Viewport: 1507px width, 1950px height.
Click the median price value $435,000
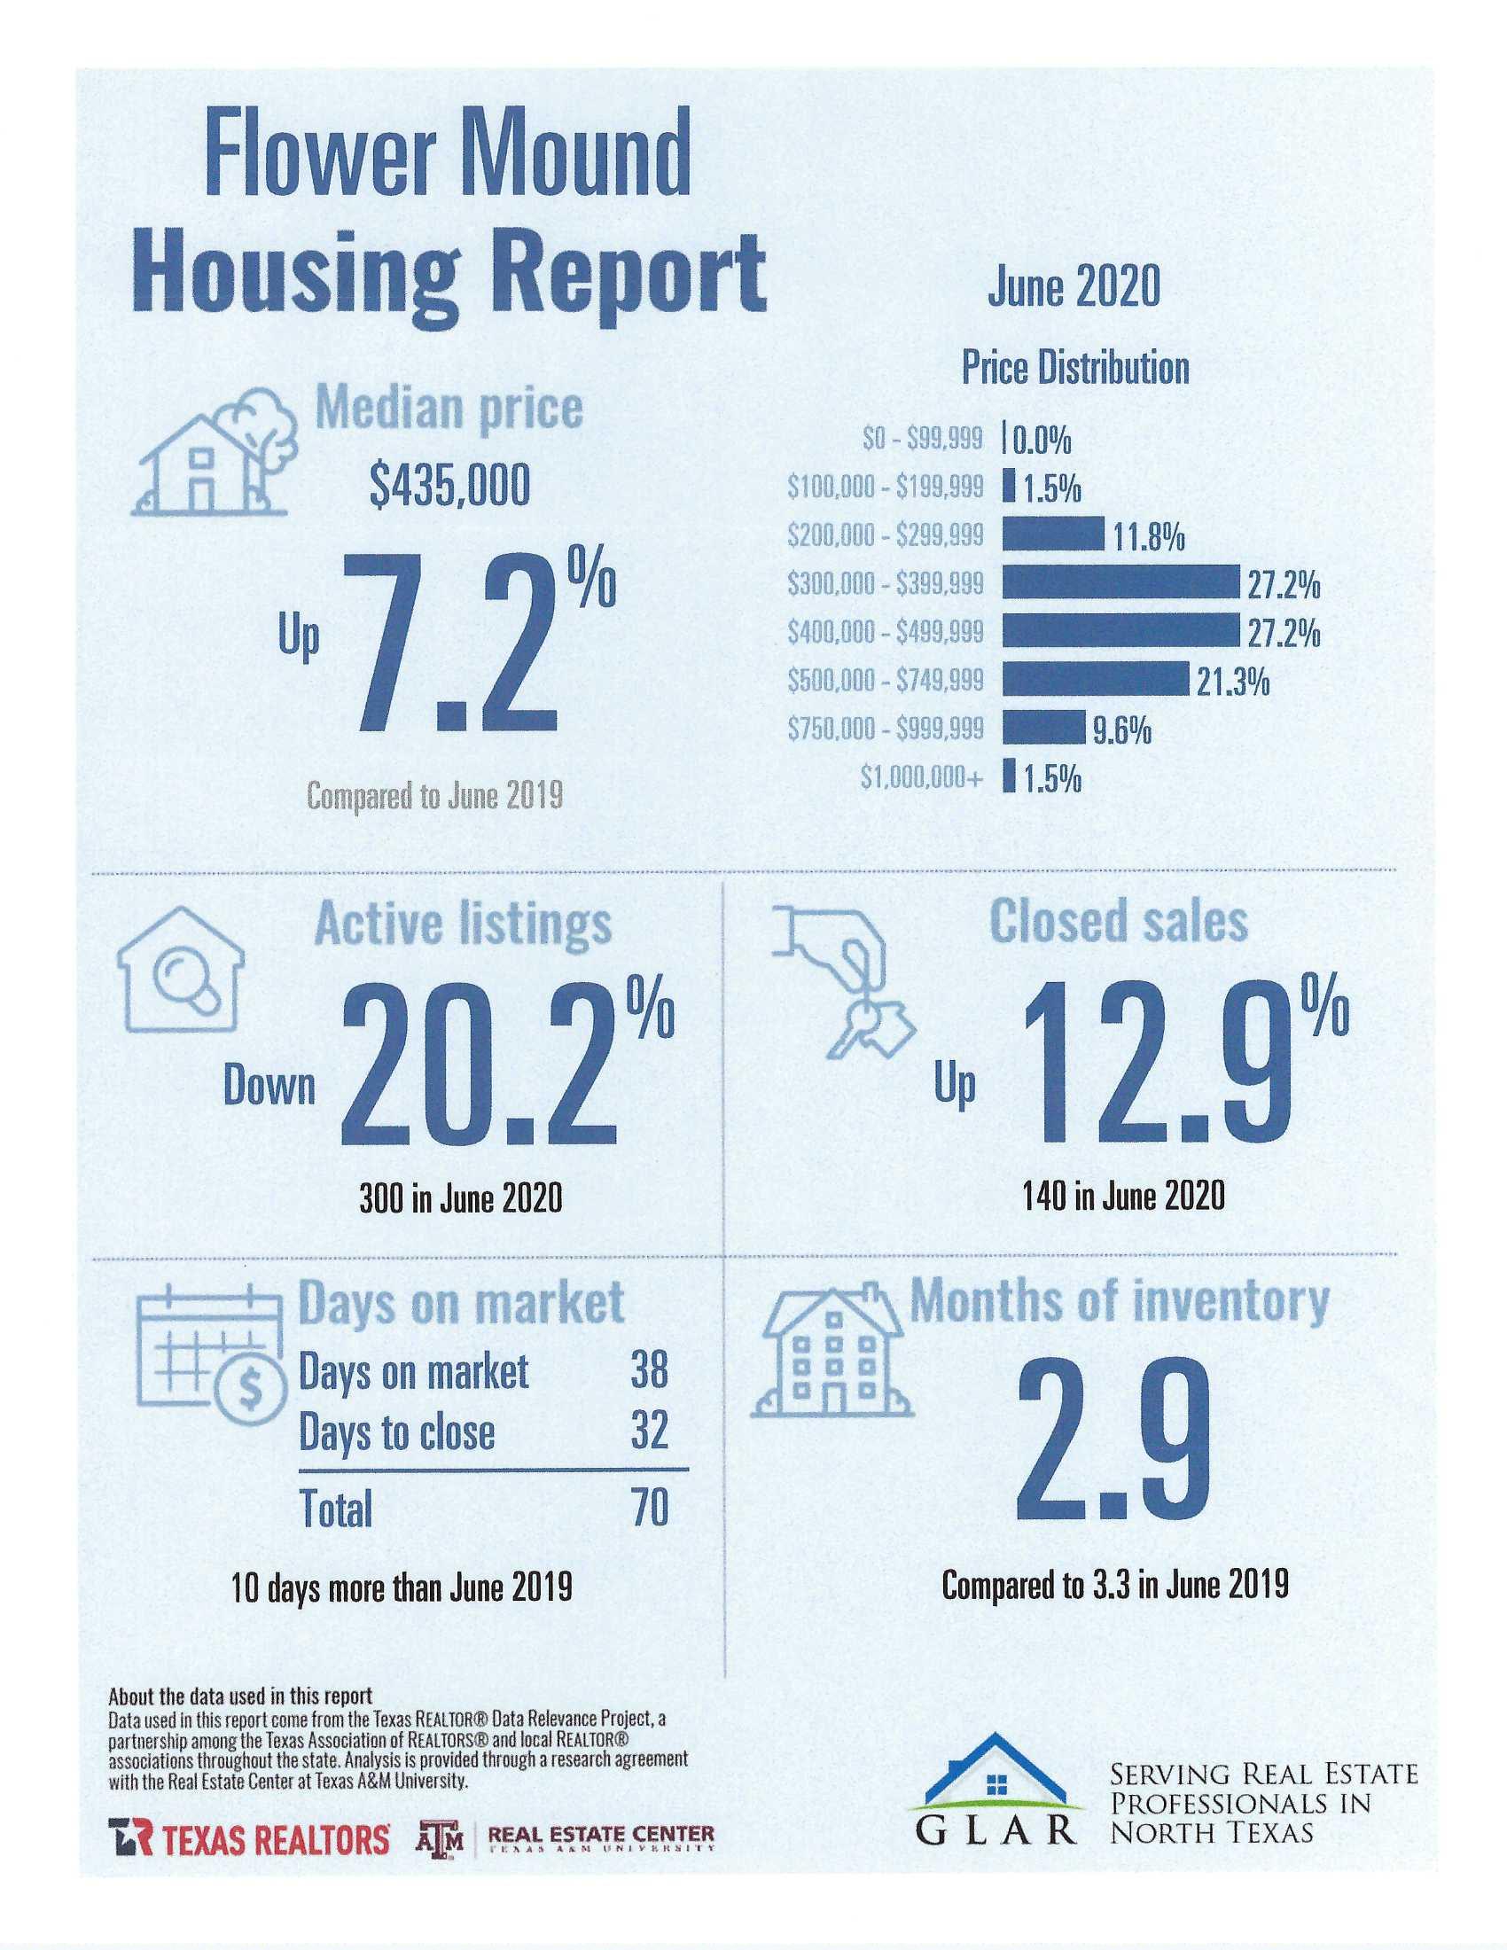pyautogui.click(x=449, y=487)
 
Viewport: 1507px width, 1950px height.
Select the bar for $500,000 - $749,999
pyautogui.click(x=1096, y=680)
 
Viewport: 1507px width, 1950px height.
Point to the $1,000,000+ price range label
pyautogui.click(x=921, y=777)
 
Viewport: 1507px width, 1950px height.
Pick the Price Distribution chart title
pyautogui.click(x=1075, y=368)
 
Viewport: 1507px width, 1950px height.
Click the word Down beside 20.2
pyautogui.click(x=269, y=1088)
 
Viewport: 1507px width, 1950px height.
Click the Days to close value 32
pyautogui.click(x=649, y=1431)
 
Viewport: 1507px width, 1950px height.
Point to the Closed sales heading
pyautogui.click(x=1119, y=921)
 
